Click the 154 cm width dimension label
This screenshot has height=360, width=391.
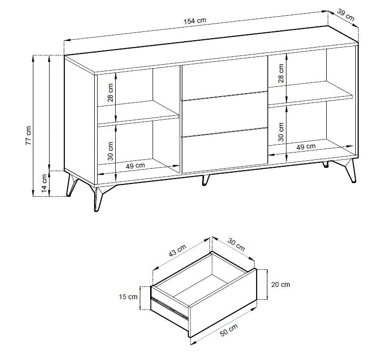coord(195,21)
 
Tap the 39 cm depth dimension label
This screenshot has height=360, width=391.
coord(345,14)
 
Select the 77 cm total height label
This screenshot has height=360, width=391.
coord(28,135)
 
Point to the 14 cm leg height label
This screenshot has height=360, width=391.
coord(44,183)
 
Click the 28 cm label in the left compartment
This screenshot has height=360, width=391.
coord(110,93)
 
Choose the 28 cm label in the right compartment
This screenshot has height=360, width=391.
coord(281,73)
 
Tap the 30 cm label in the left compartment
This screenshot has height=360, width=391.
coord(110,151)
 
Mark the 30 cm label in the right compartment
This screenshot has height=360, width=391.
coord(281,132)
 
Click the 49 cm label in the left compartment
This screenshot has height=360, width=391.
coord(135,166)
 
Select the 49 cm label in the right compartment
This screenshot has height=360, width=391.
coord(306,147)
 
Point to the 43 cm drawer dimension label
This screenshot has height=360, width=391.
coord(178,250)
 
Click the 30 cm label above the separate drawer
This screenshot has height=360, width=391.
coord(236,245)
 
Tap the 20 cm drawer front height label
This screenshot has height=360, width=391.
coord(281,284)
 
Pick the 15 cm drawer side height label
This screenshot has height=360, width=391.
coord(128,297)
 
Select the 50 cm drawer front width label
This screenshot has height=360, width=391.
coord(229,330)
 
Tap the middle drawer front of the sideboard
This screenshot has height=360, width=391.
coord(224,114)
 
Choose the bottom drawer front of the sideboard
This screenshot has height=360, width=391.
coord(224,150)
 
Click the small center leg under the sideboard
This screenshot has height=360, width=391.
coord(205,180)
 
